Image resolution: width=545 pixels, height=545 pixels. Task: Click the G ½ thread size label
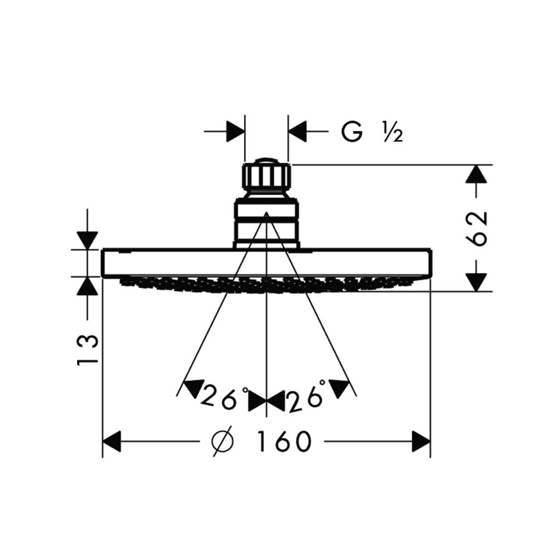pos(372,132)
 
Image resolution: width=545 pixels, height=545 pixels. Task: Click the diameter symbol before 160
pos(223,440)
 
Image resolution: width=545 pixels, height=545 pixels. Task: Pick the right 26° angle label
pos(307,396)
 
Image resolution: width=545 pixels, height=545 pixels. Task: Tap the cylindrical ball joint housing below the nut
pos(266,223)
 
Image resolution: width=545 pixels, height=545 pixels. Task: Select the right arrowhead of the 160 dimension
pos(421,441)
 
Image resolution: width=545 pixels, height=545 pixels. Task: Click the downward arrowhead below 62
pos(476,282)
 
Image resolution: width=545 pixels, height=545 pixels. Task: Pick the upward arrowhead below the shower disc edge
pos(87,286)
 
